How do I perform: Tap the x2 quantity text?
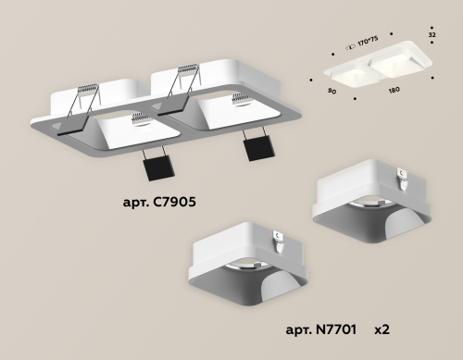(x=382, y=329)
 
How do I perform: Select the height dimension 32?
(x=431, y=34)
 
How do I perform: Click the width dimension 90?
(x=331, y=92)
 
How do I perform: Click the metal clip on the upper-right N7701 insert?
(x=400, y=174)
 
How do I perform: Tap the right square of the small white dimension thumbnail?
(x=391, y=67)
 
